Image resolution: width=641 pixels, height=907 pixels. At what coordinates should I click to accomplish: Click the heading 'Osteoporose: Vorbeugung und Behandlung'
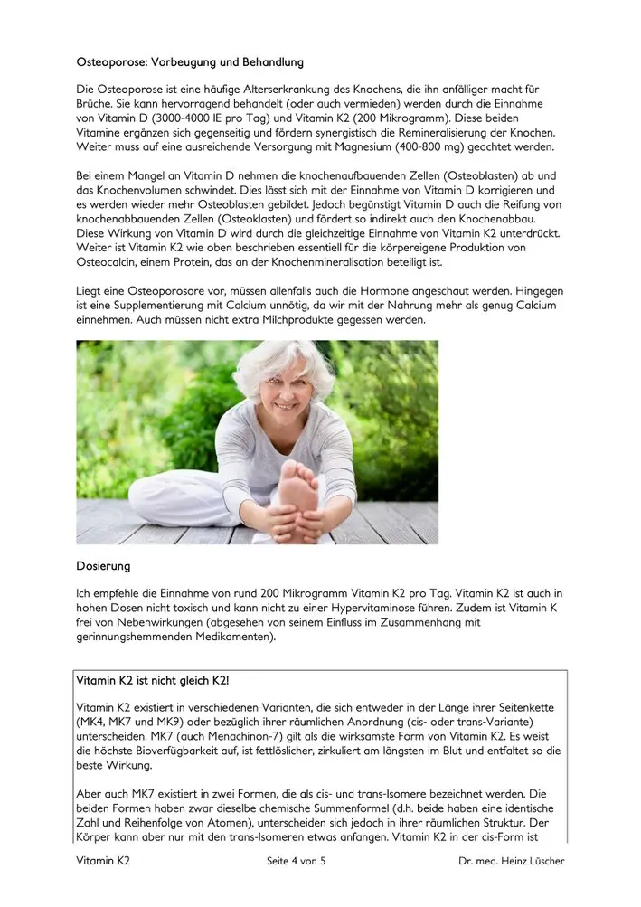(190, 63)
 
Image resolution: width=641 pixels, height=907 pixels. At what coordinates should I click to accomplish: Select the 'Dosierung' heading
(103, 567)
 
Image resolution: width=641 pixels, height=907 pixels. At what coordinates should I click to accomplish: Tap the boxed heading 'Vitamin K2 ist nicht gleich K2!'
(159, 680)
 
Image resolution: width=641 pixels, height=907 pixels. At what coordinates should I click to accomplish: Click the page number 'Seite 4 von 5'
(291, 862)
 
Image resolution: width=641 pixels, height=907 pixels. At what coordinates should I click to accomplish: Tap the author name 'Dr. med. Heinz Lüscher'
(511, 862)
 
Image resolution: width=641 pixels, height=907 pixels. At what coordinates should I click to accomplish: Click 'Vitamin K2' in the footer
(103, 862)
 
